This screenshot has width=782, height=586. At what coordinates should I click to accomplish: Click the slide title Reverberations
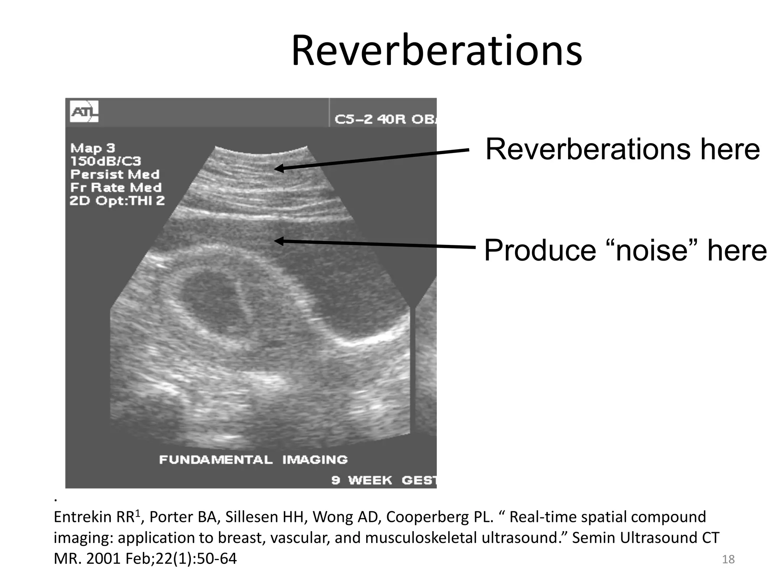point(436,51)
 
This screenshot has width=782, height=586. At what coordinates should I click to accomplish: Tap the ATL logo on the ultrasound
point(84,112)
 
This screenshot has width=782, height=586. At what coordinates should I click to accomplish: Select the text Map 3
point(92,148)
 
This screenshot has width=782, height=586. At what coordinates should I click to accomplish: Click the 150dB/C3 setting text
point(106,161)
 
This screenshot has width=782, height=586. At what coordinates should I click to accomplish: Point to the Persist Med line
point(115,174)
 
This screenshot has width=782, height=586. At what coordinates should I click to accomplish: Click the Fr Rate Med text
point(116,187)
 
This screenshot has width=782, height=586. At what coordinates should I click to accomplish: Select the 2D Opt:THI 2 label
point(117,201)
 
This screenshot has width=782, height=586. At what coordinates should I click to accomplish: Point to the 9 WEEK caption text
point(361,480)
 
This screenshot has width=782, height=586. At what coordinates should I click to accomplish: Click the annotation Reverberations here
point(622,149)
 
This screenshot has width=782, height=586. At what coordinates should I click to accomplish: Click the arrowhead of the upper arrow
point(279,168)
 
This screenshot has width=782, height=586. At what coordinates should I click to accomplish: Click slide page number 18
point(728,559)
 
